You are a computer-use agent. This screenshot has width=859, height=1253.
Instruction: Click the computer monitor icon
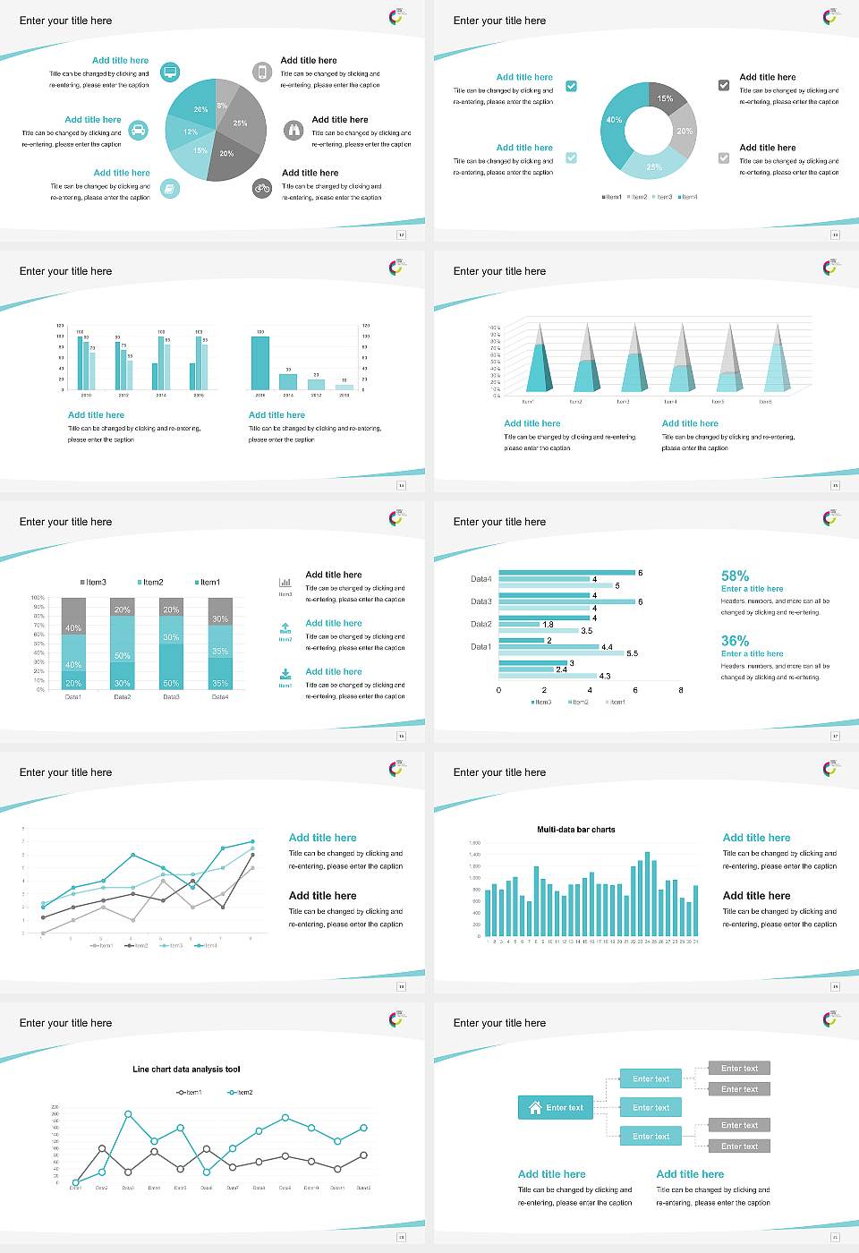tap(170, 72)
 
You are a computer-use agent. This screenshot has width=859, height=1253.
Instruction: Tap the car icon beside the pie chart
tap(139, 131)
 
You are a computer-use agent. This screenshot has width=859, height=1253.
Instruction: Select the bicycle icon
tap(262, 188)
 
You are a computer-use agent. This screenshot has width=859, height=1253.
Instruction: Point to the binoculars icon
tap(293, 131)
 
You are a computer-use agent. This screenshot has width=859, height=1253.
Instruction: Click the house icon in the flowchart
tap(535, 1107)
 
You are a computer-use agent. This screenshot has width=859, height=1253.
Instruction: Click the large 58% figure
tap(735, 575)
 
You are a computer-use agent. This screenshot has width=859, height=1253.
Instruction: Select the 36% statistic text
tap(735, 641)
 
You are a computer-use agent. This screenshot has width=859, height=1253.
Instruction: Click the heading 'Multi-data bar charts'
tap(575, 830)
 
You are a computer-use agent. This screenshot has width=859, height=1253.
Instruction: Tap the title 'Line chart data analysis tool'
tap(186, 1070)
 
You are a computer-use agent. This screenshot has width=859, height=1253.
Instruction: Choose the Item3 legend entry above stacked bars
tap(93, 583)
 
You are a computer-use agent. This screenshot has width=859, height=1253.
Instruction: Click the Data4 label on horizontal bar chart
tap(481, 579)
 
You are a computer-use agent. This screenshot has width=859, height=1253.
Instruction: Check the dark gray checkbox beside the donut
tap(724, 85)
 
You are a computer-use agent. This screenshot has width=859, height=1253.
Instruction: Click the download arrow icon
tap(285, 673)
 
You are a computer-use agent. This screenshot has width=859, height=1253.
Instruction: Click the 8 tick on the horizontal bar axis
tap(681, 690)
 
